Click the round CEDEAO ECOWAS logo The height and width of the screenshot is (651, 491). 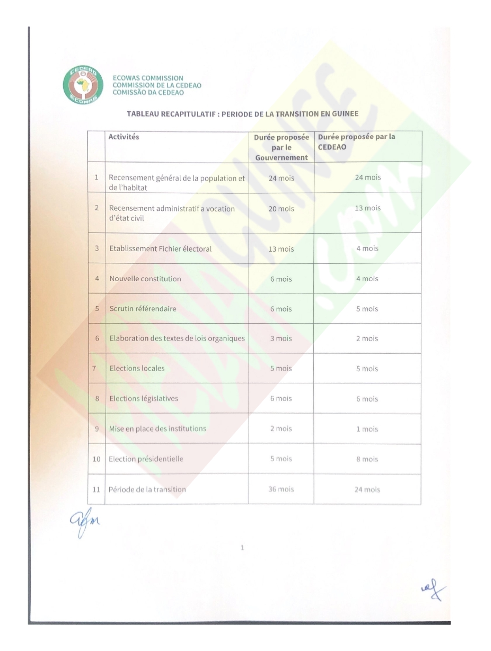(x=83, y=85)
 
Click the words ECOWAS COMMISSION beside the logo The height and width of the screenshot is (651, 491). (x=148, y=78)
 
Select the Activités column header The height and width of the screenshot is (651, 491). (x=124, y=137)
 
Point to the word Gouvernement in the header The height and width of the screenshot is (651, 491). (x=281, y=157)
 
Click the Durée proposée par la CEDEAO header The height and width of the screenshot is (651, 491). (x=356, y=142)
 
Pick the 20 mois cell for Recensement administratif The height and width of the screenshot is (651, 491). (x=281, y=209)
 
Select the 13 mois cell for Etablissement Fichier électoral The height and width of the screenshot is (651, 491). (x=281, y=249)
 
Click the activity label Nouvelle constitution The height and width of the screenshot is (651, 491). (x=145, y=279)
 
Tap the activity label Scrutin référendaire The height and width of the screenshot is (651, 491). (x=143, y=309)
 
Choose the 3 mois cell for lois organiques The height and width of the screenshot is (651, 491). (x=281, y=339)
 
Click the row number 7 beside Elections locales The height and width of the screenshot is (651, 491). (x=94, y=369)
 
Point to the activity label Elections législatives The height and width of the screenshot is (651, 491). (x=144, y=398)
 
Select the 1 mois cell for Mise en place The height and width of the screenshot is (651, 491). (x=367, y=429)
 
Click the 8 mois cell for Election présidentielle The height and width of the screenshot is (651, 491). (x=367, y=459)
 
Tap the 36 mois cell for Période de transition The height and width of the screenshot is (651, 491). (x=281, y=489)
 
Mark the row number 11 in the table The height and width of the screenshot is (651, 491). (x=96, y=490)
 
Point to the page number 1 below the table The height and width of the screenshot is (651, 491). (x=242, y=548)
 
